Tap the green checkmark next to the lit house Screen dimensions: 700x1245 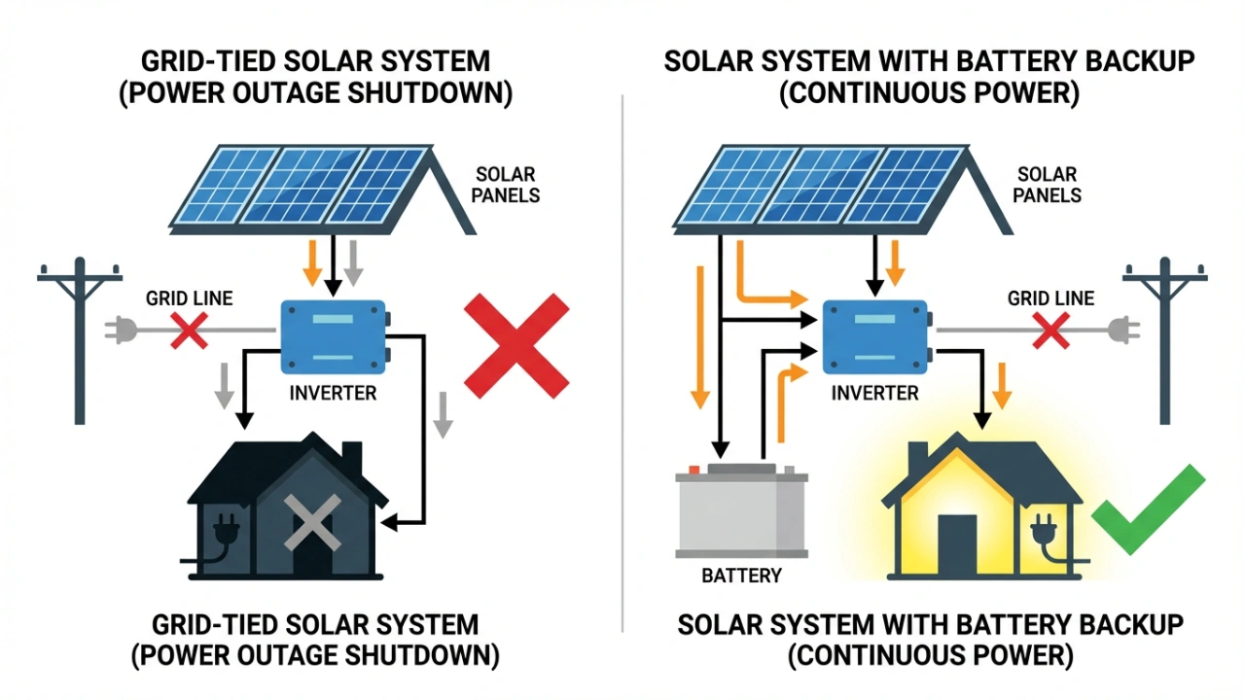[x=1149, y=507]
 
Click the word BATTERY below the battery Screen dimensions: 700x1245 [x=741, y=576]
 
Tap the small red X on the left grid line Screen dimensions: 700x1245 [x=188, y=331]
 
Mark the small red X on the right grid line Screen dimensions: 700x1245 [x=1050, y=331]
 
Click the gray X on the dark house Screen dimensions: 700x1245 [x=311, y=522]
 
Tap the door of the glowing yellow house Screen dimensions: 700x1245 [x=957, y=543]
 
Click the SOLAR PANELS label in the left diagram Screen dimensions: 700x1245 [x=506, y=185]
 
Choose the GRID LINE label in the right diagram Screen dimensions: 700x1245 [x=1050, y=298]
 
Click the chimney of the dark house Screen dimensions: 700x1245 [x=352, y=457]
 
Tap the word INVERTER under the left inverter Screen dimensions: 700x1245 [x=333, y=394]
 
